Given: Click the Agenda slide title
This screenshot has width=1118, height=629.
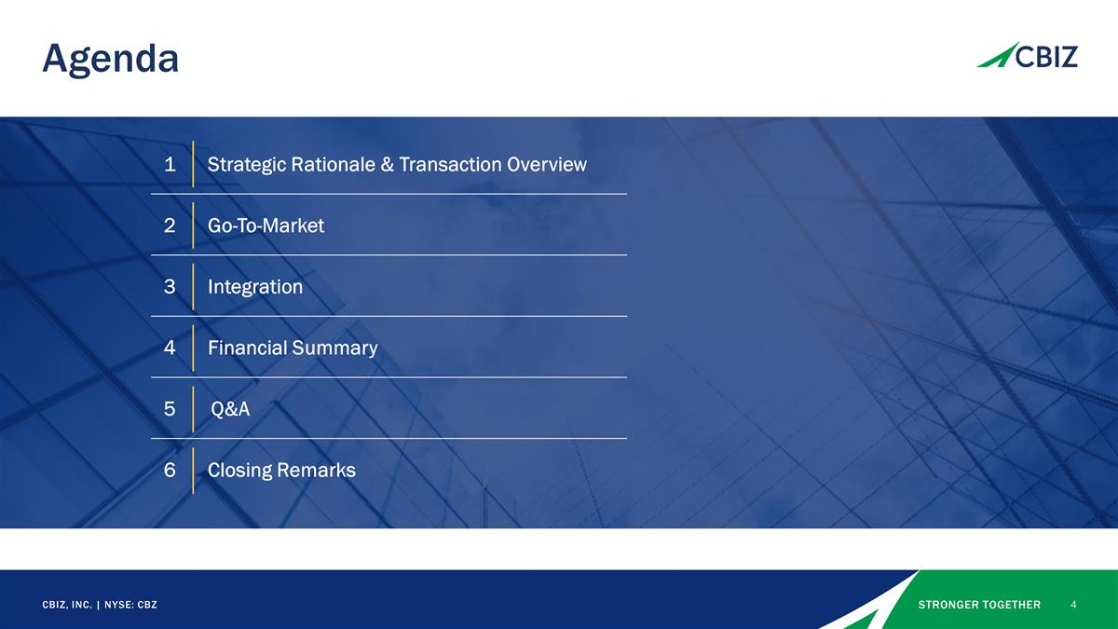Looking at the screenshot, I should click(x=110, y=60).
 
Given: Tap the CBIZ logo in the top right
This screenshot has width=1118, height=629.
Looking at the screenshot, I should click(x=1027, y=56).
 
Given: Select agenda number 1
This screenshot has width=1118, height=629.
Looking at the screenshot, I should click(x=170, y=165).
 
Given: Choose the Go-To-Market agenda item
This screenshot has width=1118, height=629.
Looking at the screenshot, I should click(x=266, y=226).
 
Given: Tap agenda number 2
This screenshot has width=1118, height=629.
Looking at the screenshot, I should click(x=170, y=226).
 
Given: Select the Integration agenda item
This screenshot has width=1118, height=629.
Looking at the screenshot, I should click(x=255, y=287).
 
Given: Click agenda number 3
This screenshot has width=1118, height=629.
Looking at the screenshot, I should click(x=170, y=287).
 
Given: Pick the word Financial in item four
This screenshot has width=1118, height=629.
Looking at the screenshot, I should click(x=247, y=349).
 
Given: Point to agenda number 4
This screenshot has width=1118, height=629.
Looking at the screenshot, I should click(x=170, y=349).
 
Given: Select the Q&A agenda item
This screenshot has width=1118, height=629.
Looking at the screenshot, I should click(x=230, y=409).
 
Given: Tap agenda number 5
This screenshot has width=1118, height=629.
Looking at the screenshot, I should click(x=170, y=409).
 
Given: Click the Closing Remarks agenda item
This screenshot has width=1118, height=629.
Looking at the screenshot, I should click(x=281, y=471).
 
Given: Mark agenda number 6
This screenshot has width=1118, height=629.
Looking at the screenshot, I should click(x=170, y=471).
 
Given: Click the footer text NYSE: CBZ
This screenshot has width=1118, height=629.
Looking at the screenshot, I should click(x=130, y=605).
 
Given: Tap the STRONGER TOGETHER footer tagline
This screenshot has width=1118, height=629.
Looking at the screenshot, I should click(x=979, y=605).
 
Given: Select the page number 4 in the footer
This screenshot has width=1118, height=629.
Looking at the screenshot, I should click(x=1074, y=605).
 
